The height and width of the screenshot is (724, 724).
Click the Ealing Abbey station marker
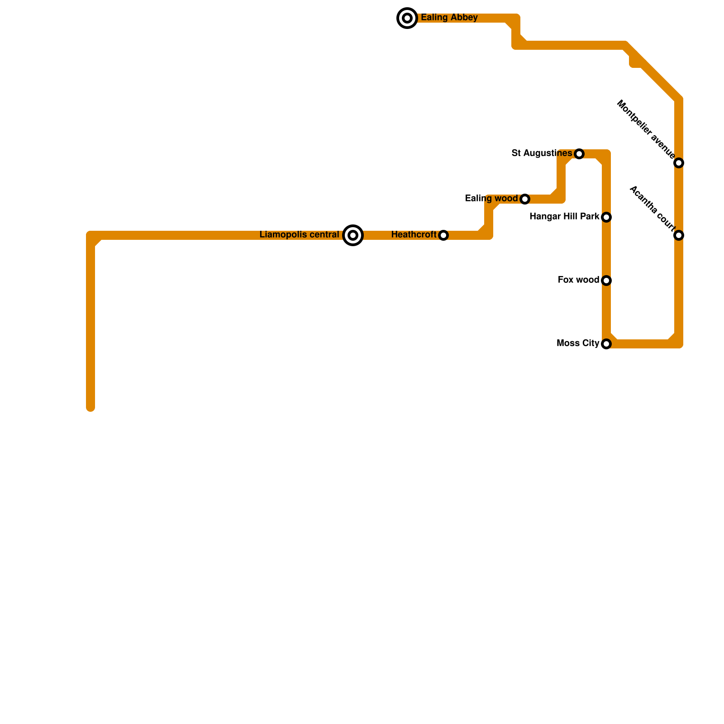coord(407,18)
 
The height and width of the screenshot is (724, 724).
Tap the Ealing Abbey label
coord(449,18)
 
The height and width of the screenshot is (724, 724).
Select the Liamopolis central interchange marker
coord(353,235)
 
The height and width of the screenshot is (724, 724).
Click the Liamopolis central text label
coord(299,235)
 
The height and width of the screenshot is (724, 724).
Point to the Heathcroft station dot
coord(443,235)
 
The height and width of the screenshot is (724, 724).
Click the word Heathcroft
coord(414,235)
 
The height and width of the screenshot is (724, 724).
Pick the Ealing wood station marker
coord(525,199)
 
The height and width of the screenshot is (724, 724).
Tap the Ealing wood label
coord(491,199)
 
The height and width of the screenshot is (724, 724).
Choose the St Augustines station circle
coord(579,154)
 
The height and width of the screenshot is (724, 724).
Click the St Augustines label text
coord(541,153)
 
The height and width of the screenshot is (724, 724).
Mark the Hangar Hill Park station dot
coord(606,217)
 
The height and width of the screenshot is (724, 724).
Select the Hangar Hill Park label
coord(564,217)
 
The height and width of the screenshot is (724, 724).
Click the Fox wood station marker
coord(606,281)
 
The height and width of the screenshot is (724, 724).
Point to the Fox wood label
coord(578,280)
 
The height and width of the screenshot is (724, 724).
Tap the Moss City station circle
coord(606,344)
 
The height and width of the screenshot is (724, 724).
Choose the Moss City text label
coord(577,343)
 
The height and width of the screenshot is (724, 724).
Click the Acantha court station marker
coord(678,235)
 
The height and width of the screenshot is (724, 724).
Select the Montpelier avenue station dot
coord(678,163)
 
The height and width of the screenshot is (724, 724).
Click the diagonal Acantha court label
coord(652,207)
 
